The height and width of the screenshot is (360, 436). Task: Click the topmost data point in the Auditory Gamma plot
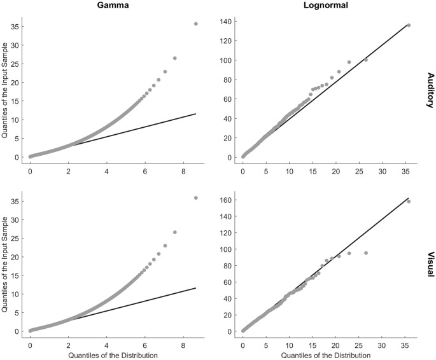(x=195, y=24)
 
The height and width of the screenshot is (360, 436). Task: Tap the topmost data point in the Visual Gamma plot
(x=195, y=198)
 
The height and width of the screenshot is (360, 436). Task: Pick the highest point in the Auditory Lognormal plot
(x=409, y=25)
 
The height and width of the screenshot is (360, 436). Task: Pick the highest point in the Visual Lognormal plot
(x=409, y=202)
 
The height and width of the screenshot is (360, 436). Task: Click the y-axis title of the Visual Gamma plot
(x=5, y=265)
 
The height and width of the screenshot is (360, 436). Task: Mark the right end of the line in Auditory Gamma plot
(x=195, y=114)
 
